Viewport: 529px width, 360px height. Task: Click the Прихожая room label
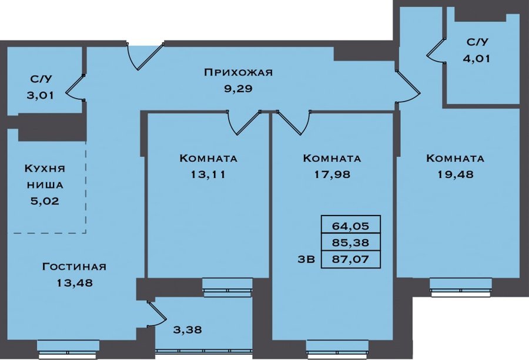coord(238,72)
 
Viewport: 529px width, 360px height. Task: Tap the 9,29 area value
coord(238,89)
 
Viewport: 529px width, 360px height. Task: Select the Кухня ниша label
coord(45,176)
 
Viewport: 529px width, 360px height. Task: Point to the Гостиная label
coord(74,267)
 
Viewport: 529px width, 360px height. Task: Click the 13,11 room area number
coord(208,174)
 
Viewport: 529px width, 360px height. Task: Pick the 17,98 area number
coord(332,174)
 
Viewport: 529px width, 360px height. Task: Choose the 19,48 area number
coord(456,174)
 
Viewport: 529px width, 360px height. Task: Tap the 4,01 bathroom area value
coord(476,59)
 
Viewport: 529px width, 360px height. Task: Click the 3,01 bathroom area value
coord(41,95)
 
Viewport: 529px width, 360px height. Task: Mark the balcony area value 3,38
coord(188,329)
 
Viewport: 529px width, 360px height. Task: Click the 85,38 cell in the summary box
coord(350,243)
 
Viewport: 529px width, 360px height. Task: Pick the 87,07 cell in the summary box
coord(350,259)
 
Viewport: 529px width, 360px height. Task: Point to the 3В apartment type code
coord(306,259)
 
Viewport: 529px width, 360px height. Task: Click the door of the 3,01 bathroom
coord(75,88)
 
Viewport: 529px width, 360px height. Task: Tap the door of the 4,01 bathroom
coord(436,51)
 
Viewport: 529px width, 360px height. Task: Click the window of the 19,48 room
coord(460,288)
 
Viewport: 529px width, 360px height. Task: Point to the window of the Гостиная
coord(68,349)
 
